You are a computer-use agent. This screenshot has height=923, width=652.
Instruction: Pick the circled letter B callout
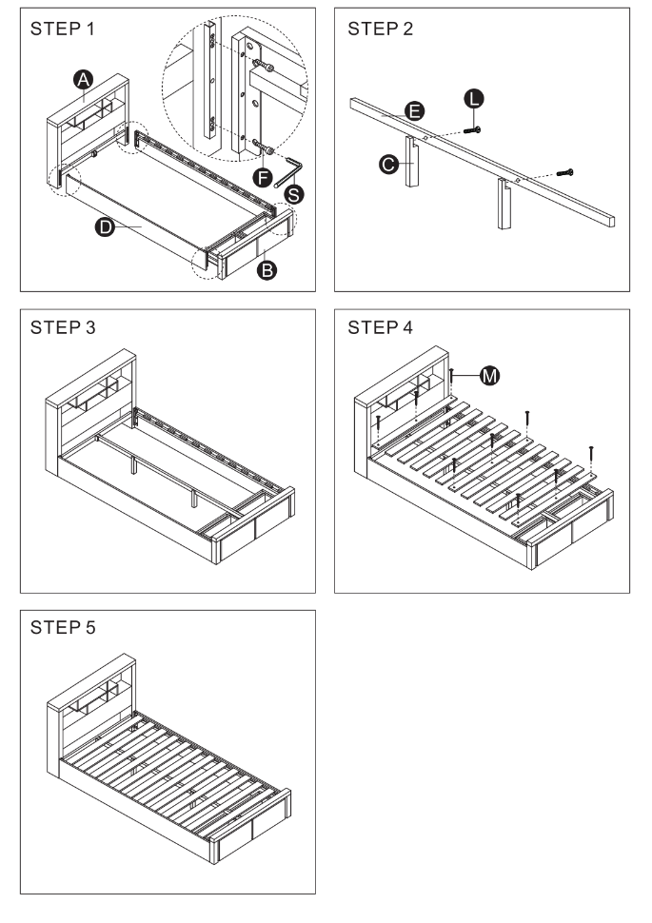(269, 270)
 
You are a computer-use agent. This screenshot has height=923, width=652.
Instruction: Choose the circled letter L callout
(474, 98)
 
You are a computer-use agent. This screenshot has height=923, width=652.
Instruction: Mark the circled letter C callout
(387, 165)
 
